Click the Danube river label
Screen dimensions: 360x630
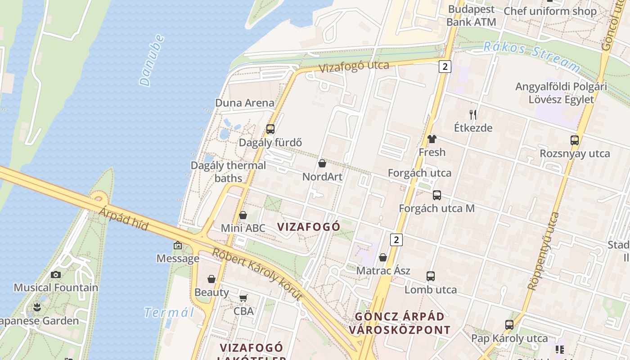[x=151, y=60]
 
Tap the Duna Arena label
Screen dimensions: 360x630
[x=244, y=103]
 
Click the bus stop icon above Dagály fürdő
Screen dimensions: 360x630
[x=270, y=129]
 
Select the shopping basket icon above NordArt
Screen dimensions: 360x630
[x=322, y=163]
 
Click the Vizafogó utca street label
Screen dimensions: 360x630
[x=354, y=67]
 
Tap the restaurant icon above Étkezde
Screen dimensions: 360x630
[x=473, y=114]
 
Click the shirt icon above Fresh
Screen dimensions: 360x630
[x=432, y=139]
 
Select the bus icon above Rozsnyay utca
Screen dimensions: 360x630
[x=575, y=140]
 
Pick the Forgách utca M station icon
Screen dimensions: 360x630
[x=436, y=195]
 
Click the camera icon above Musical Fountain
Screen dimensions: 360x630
[x=56, y=274]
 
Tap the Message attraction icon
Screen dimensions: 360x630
[x=178, y=245]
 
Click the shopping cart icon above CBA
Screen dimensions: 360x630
[x=243, y=298]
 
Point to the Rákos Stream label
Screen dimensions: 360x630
[x=531, y=57]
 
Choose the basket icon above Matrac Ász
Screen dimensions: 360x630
[x=383, y=257]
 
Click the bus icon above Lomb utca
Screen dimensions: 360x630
[x=431, y=276]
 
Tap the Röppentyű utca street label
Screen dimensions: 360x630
[x=543, y=251]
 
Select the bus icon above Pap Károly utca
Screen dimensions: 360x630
[x=509, y=324]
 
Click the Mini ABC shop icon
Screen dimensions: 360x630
[x=243, y=215]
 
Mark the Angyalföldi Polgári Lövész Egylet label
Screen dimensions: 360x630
[x=561, y=93]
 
